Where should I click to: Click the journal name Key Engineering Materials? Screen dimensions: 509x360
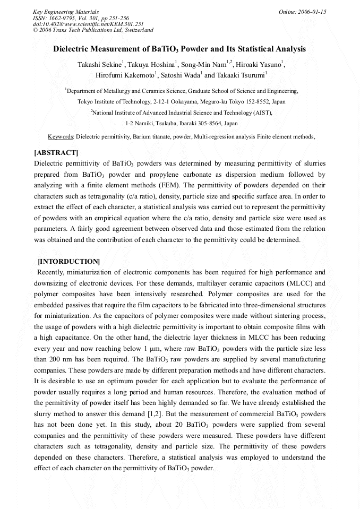click(65, 12)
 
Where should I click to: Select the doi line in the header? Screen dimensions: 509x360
click(88, 24)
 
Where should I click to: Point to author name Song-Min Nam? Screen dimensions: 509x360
click(204, 65)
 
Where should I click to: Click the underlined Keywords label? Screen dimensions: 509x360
click(59, 137)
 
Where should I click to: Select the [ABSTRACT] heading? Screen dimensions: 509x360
click(56, 153)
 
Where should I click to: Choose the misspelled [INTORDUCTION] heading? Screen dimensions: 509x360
click(68, 262)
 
